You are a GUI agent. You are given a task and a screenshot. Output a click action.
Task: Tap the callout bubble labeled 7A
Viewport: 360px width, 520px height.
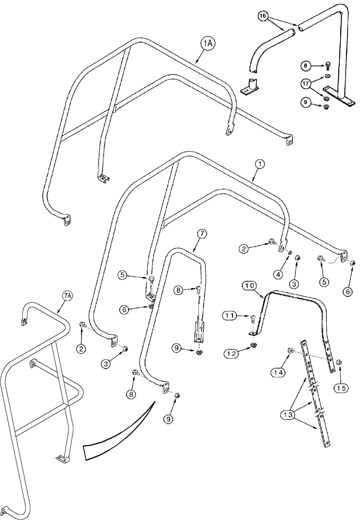67,296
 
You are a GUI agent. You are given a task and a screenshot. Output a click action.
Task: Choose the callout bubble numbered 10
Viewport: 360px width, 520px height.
248,286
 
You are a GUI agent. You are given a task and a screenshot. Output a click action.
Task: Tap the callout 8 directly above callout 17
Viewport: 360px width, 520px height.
307,66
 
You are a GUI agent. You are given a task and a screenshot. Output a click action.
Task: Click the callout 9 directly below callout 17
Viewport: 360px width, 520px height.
307,103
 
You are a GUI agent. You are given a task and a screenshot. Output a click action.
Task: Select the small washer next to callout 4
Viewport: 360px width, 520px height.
290,253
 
